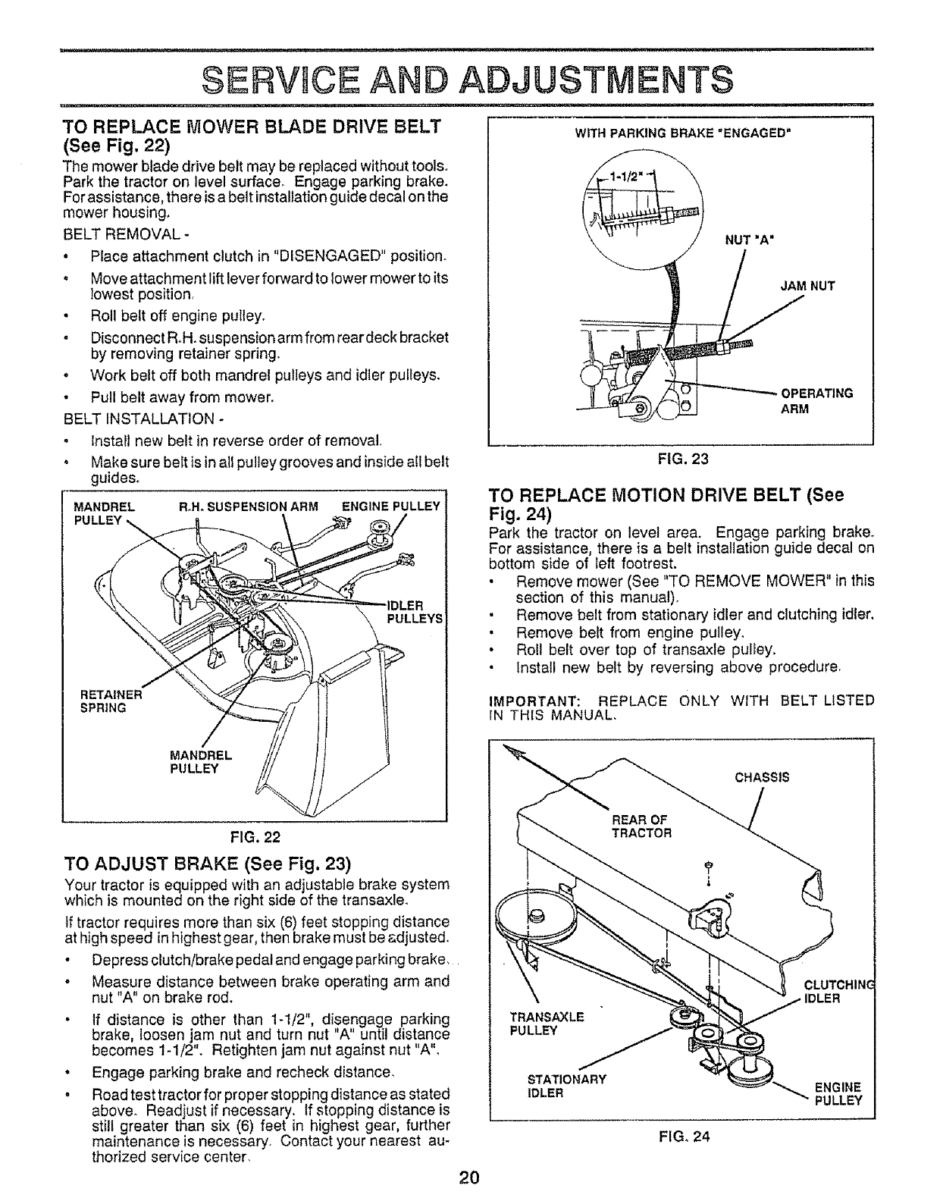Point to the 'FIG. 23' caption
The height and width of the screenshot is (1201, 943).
(x=681, y=458)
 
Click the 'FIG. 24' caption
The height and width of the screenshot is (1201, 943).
(x=680, y=1137)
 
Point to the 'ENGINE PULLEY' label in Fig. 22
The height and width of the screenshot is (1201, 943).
(x=390, y=506)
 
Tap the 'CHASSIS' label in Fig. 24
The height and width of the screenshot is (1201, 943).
(x=762, y=776)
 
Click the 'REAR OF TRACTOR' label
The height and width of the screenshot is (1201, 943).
(x=641, y=826)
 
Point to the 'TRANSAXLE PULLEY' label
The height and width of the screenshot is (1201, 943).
(x=546, y=1024)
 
